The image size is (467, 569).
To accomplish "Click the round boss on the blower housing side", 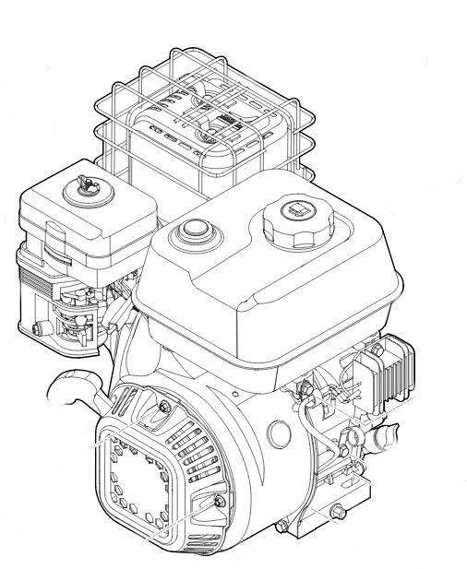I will [x=276, y=431].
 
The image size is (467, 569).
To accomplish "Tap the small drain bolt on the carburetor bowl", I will [x=37, y=327].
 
